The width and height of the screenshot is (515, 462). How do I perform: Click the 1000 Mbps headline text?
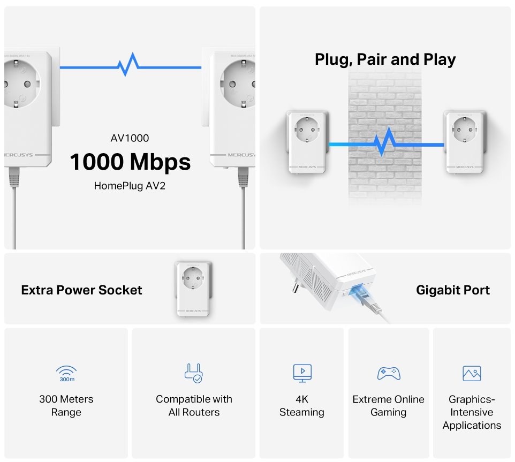click(x=130, y=162)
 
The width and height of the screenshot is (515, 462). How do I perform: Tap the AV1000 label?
click(x=130, y=138)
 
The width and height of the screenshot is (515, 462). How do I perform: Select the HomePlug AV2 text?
click(x=130, y=186)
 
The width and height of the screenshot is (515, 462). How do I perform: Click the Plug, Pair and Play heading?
click(x=385, y=59)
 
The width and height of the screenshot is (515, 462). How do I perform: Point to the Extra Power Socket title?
click(x=81, y=290)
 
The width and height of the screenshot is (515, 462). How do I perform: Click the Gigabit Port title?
click(x=453, y=290)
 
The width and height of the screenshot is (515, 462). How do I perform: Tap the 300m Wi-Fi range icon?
click(x=66, y=373)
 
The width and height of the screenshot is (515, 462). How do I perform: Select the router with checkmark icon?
click(x=193, y=373)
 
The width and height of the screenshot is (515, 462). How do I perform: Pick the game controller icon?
click(x=389, y=373)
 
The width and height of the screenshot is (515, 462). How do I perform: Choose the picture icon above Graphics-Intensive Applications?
click(x=472, y=373)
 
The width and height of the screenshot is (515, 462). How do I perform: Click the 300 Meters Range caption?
click(x=66, y=406)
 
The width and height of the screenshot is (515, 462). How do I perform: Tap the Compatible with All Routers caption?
click(x=194, y=406)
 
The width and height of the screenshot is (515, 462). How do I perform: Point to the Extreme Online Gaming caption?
click(x=389, y=406)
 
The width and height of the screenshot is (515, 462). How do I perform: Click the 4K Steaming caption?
click(x=302, y=406)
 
